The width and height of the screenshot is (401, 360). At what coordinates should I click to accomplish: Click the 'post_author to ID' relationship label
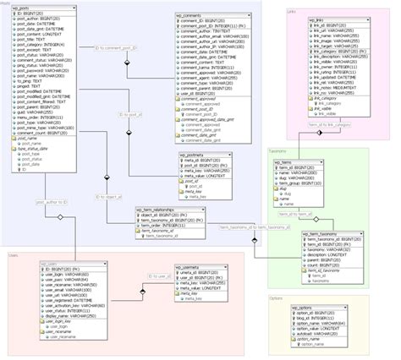tap(52, 203)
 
